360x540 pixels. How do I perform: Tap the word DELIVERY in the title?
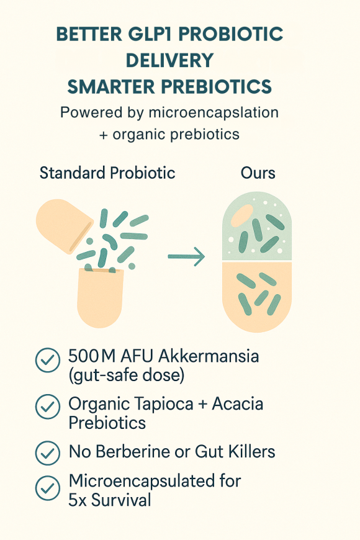pyautogui.click(x=169, y=60)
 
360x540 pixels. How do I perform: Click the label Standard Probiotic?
pyautogui.click(x=107, y=173)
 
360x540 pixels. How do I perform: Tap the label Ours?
pyautogui.click(x=258, y=173)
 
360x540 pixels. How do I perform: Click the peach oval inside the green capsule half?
pyautogui.click(x=242, y=215)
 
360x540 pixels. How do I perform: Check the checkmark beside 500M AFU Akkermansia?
pyautogui.click(x=47, y=361)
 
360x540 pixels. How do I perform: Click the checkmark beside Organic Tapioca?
pyautogui.click(x=47, y=408)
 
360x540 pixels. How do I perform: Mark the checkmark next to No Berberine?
pyautogui.click(x=47, y=452)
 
